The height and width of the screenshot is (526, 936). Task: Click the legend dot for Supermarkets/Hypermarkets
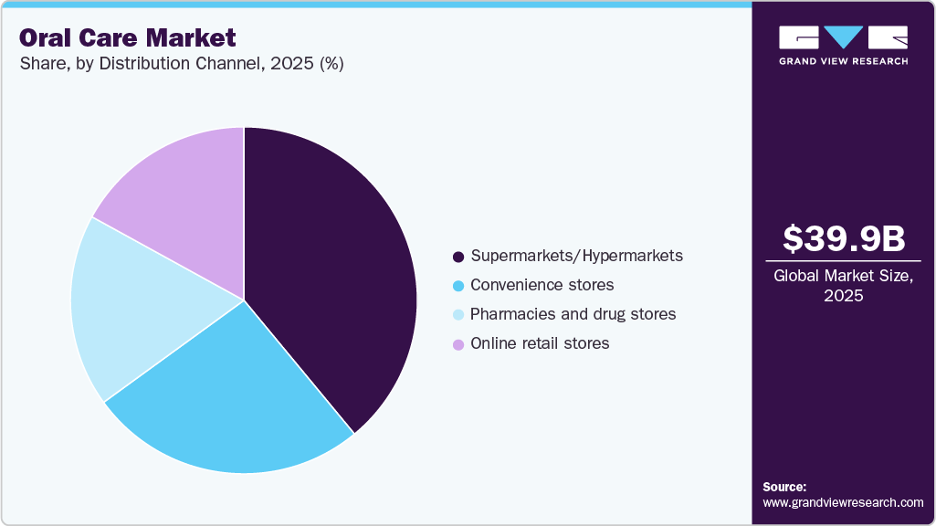coord(458,256)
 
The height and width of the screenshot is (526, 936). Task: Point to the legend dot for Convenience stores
coord(458,285)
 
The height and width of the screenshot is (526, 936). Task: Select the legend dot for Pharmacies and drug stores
coord(458,314)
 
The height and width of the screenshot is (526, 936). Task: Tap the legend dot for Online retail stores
coord(458,343)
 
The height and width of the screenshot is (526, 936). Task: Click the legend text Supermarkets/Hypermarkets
coord(576,256)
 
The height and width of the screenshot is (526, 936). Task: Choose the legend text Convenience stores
coord(542,285)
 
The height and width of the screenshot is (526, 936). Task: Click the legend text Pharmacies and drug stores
coord(573,314)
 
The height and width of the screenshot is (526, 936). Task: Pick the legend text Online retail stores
coord(539,343)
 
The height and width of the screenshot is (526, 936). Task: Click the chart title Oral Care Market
coord(127,38)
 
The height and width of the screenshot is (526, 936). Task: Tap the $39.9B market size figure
coord(844,238)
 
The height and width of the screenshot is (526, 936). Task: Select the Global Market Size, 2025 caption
coord(844,286)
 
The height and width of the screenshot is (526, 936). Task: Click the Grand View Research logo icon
coord(844,37)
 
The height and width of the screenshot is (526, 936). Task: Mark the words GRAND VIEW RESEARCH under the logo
coord(844,61)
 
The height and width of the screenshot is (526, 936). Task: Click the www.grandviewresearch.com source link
coord(843,502)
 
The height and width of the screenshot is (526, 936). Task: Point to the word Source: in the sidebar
coord(784,487)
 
